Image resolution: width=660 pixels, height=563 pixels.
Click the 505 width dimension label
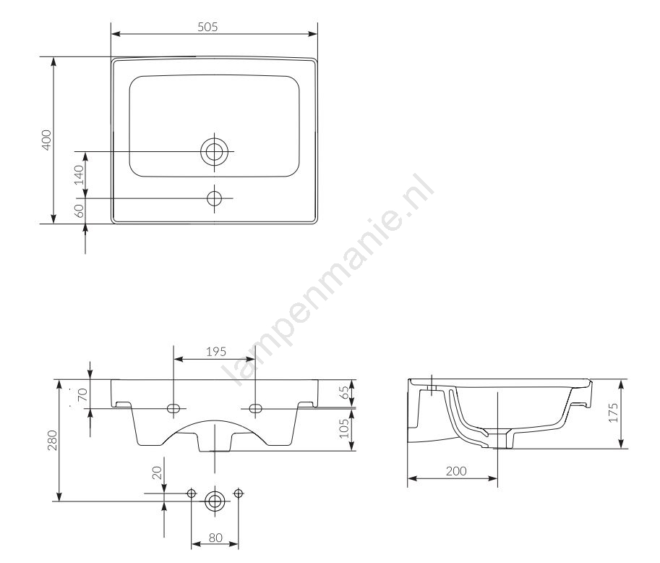[207, 27]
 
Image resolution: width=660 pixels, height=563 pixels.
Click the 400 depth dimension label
[46, 140]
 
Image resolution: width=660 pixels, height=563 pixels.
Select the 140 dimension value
[79, 175]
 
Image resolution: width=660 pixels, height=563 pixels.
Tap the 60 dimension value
[79, 211]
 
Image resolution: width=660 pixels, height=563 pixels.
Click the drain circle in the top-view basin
[214, 151]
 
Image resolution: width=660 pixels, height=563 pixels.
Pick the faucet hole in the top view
[214, 198]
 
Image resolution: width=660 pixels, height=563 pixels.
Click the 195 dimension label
[216, 352]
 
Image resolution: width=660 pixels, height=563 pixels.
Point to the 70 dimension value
[82, 394]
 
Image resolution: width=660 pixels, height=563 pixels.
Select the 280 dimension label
[52, 440]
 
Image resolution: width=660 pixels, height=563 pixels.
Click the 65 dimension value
[344, 393]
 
